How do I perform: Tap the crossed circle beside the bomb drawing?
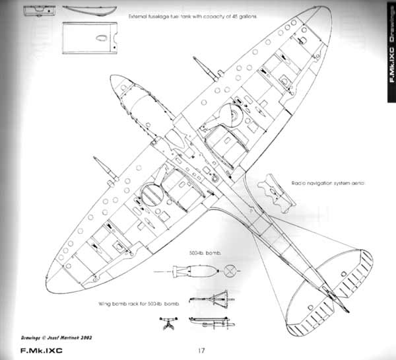coord(230,270)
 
